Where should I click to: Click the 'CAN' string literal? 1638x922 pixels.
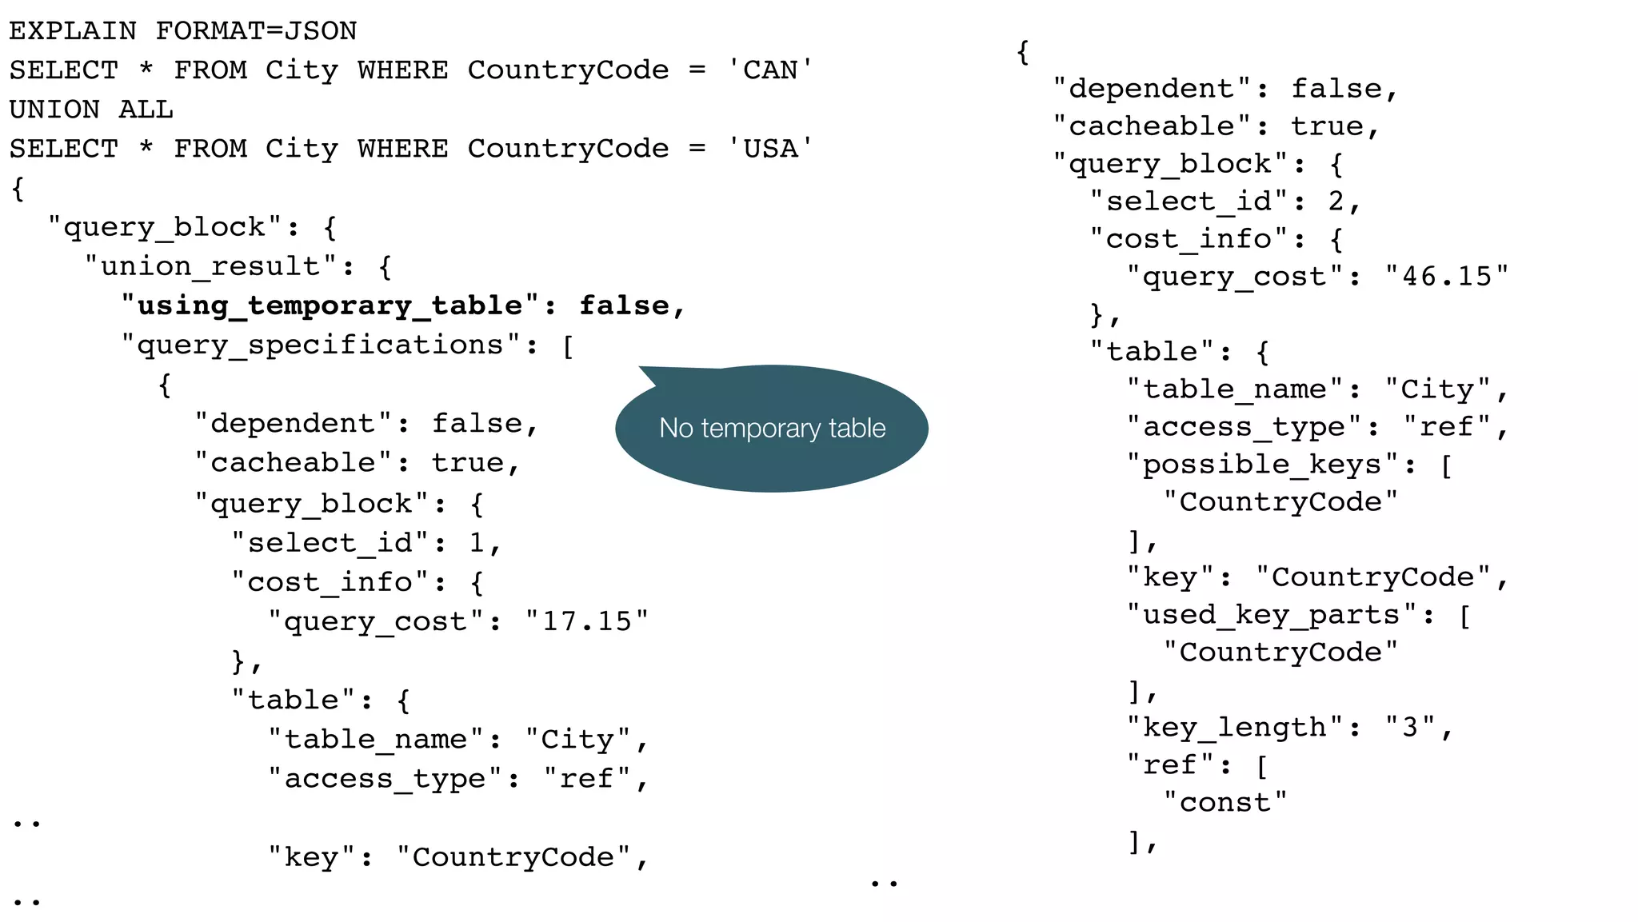pyautogui.click(x=770, y=70)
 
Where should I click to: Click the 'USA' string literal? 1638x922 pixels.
pyautogui.click(x=770, y=149)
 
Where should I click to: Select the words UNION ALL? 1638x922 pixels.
pyautogui.click(x=91, y=110)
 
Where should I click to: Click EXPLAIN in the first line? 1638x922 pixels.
pyautogui.click(x=73, y=31)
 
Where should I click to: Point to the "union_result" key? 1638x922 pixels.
pyautogui.click(x=211, y=266)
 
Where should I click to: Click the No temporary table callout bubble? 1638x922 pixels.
pyautogui.click(x=772, y=429)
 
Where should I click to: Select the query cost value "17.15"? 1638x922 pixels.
pyautogui.click(x=586, y=621)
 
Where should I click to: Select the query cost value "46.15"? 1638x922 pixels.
pyautogui.click(x=1447, y=277)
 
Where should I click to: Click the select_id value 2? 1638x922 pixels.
pyautogui.click(x=1336, y=202)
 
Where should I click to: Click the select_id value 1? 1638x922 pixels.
pyautogui.click(x=477, y=543)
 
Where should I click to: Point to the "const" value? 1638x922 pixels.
pyautogui.click(x=1225, y=803)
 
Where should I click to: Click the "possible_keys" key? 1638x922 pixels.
pyautogui.click(x=1262, y=465)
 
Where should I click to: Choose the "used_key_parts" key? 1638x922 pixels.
pyautogui.click(x=1272, y=615)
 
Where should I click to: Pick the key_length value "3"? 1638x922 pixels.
pyautogui.click(x=1410, y=728)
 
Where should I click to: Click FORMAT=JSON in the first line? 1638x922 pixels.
pyautogui.click(x=256, y=31)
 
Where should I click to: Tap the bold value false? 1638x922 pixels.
pyautogui.click(x=624, y=306)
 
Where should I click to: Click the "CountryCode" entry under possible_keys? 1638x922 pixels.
pyautogui.click(x=1280, y=502)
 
